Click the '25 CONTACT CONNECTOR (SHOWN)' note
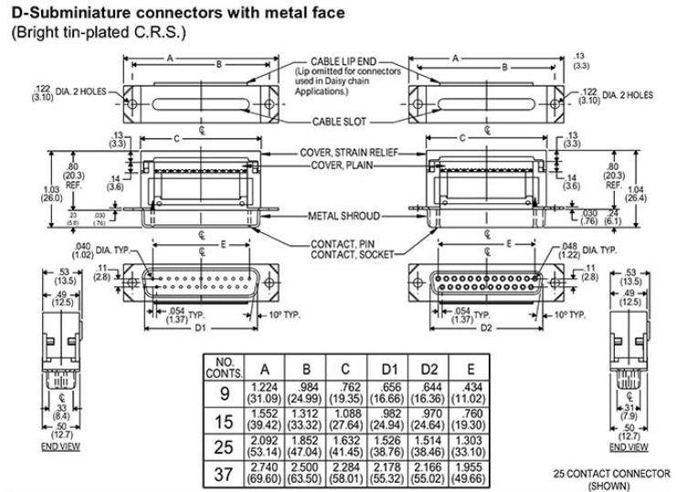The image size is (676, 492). [613, 478]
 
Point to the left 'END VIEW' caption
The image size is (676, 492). [54, 447]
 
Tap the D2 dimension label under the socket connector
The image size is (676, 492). [486, 326]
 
